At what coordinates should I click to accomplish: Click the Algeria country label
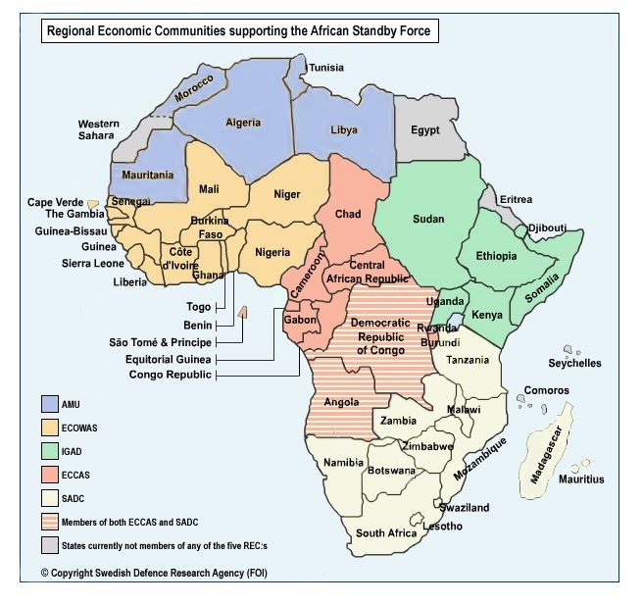(243, 123)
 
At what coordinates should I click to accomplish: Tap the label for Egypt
(425, 130)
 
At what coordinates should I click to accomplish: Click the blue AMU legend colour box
(48, 404)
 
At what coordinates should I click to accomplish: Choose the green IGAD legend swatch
(48, 451)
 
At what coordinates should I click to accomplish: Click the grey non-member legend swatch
(48, 545)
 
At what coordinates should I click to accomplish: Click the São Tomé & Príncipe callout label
(162, 342)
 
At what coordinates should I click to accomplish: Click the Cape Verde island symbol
(92, 203)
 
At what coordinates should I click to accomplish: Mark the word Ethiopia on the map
(496, 256)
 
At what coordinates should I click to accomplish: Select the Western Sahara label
(99, 130)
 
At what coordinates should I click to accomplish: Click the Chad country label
(348, 214)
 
